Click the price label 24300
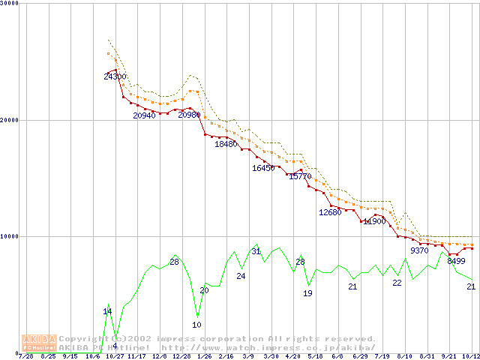click(115, 76)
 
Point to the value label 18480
click(226, 144)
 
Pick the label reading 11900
click(374, 221)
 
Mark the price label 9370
click(419, 250)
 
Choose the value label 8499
click(456, 261)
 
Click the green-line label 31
click(256, 251)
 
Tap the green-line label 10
click(196, 325)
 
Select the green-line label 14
click(107, 311)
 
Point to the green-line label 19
click(307, 293)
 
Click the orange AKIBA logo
click(39, 343)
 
